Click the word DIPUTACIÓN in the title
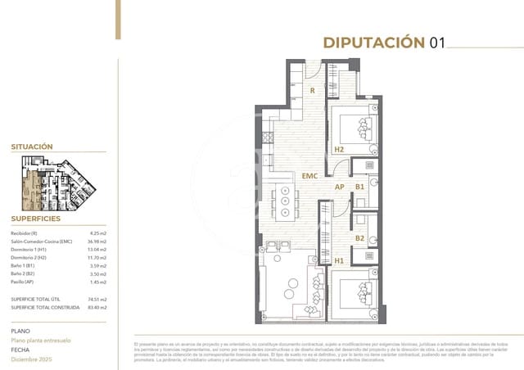pyautogui.click(x=373, y=43)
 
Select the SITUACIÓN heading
pyautogui.click(x=32, y=147)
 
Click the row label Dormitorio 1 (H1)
pyautogui.click(x=29, y=250)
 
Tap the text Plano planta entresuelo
pyautogui.click(x=41, y=340)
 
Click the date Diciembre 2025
pyautogui.click(x=33, y=359)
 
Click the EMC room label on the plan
pyautogui.click(x=309, y=176)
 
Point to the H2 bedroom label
pyautogui.click(x=339, y=149)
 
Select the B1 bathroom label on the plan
pyautogui.click(x=359, y=187)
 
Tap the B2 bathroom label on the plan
pyautogui.click(x=359, y=238)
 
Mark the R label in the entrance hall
pyautogui.click(x=312, y=90)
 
